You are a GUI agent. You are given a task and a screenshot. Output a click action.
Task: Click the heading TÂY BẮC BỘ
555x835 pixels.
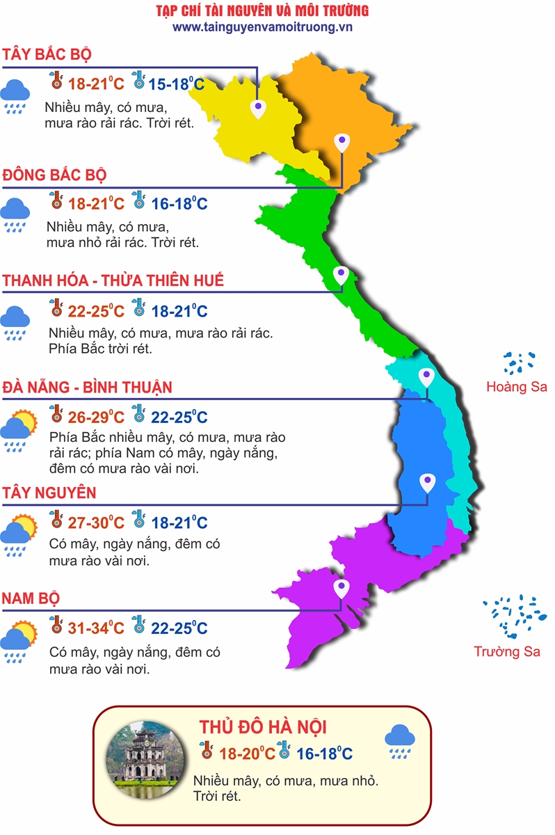click(47, 55)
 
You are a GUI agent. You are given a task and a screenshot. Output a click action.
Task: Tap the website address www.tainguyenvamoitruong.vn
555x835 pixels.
click(263, 26)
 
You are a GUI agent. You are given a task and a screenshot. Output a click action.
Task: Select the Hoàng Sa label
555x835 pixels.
click(517, 387)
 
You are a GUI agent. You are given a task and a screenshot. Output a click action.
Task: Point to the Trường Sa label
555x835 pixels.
click(507, 651)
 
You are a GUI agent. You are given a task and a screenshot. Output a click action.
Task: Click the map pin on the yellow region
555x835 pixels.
click(258, 107)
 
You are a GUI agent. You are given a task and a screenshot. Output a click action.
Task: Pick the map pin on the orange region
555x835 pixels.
click(341, 143)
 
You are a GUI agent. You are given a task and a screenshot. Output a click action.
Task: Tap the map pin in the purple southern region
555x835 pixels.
click(341, 589)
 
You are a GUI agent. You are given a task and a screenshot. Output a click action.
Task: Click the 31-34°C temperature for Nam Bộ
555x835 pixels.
click(96, 628)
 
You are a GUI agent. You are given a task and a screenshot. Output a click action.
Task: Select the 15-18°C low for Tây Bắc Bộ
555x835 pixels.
click(177, 84)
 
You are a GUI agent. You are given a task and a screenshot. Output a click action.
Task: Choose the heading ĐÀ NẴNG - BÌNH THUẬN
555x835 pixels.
click(87, 387)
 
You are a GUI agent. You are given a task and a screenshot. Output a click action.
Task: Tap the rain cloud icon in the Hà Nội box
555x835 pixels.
click(400, 740)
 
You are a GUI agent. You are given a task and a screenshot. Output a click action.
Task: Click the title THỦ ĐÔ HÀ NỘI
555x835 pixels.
click(263, 727)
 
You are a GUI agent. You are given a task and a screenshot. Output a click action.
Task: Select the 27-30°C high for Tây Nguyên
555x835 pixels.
click(96, 523)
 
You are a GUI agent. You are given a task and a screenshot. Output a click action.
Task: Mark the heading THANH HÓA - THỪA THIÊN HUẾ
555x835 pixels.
click(113, 281)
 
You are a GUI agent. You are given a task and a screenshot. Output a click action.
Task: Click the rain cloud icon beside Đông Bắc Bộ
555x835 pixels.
click(15, 214)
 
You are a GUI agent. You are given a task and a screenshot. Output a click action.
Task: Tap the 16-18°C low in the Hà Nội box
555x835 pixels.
click(324, 754)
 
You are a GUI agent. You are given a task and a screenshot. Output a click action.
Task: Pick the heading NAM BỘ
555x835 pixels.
click(31, 598)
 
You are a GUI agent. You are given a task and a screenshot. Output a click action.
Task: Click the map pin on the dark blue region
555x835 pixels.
click(426, 482)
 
